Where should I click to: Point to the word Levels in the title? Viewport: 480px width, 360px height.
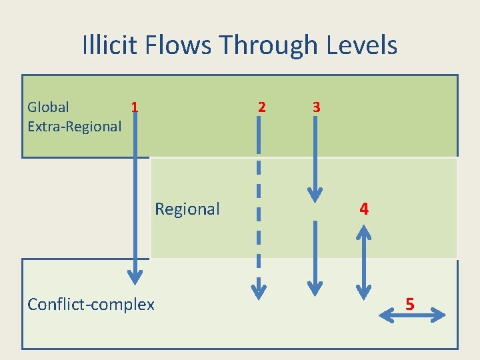click(x=362, y=45)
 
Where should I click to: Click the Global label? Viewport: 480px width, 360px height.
click(x=48, y=107)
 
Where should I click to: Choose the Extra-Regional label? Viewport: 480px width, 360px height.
click(x=74, y=125)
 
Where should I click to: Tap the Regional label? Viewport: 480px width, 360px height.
click(x=187, y=209)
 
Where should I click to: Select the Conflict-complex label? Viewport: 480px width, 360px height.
click(x=91, y=305)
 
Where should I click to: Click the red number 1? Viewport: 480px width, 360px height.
click(x=135, y=107)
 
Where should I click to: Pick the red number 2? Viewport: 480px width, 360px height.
click(x=261, y=107)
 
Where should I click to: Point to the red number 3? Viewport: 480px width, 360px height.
click(x=316, y=107)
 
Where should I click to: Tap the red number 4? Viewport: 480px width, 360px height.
click(x=363, y=209)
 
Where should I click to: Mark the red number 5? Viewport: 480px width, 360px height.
click(x=410, y=305)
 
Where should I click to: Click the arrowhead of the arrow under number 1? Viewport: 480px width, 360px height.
click(x=135, y=275)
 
